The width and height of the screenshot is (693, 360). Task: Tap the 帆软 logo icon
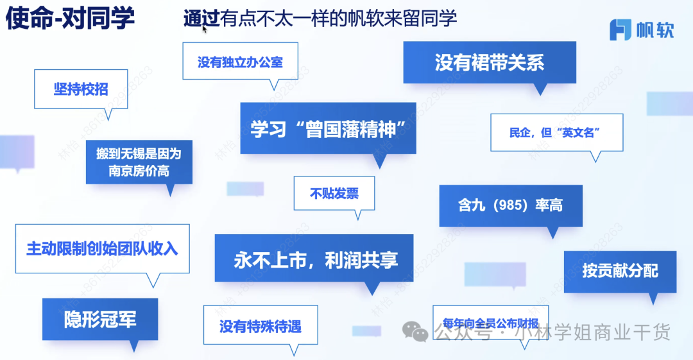pos(620,30)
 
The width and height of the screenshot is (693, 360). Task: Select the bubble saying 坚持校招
pos(81,89)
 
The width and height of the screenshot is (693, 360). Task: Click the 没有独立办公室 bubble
pos(240,62)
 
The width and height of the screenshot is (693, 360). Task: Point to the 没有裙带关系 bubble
pos(490,62)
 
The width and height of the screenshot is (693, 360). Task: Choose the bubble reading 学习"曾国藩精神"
pos(328,128)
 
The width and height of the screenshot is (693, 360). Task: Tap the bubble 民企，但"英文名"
pos(556,133)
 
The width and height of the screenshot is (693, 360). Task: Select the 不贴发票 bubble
pos(334,193)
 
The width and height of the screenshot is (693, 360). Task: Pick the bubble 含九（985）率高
pos(511,205)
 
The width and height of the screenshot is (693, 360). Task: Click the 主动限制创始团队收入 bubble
pos(102,248)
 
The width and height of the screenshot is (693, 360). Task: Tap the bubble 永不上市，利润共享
pos(314,259)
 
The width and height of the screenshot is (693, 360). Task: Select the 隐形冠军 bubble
pos(100,319)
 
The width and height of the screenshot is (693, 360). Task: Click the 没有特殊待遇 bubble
pos(260,327)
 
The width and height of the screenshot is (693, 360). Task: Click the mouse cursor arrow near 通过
pos(205,28)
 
